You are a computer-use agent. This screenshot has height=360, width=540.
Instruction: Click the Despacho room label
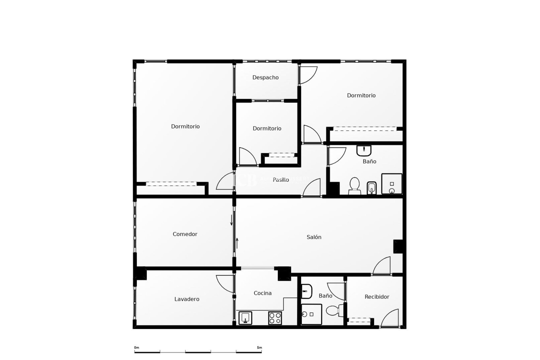(265, 77)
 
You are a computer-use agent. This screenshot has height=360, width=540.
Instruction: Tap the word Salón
(314, 237)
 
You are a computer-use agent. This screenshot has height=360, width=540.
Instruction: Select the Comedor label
(185, 234)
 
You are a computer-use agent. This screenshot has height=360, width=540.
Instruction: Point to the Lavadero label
(187, 299)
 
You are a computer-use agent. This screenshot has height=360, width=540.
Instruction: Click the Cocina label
(262, 293)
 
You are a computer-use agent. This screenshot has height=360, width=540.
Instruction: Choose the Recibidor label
(377, 297)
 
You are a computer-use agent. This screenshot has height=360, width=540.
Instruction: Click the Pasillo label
(281, 180)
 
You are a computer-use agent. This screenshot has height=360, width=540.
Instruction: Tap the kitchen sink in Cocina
(245, 318)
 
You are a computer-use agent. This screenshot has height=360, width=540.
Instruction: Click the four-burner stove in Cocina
(275, 318)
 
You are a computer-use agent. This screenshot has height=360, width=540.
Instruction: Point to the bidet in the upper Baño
(372, 188)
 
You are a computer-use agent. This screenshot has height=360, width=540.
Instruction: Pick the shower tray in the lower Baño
(311, 314)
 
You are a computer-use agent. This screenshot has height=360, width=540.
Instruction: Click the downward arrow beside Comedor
(231, 220)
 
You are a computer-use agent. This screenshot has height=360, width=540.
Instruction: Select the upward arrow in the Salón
(237, 243)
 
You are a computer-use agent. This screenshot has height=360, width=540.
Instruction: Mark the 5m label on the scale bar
(259, 348)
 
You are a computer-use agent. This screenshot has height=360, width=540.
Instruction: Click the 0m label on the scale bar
(137, 348)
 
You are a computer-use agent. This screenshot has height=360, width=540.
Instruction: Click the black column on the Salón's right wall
(398, 246)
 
